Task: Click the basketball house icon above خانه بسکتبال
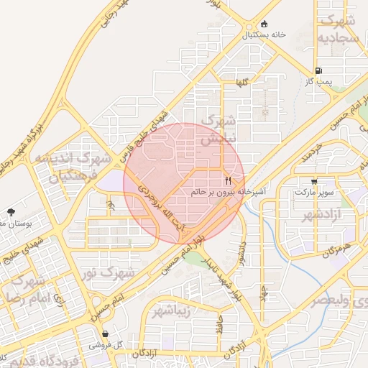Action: coord(264,24)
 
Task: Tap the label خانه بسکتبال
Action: coord(264,34)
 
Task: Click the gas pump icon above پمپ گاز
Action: coord(317,71)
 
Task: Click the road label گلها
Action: coord(247,83)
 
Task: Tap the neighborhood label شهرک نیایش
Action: coord(217,130)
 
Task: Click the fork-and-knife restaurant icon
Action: coord(228,180)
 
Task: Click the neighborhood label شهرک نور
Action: coord(118,273)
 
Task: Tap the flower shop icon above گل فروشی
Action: coord(105,334)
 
